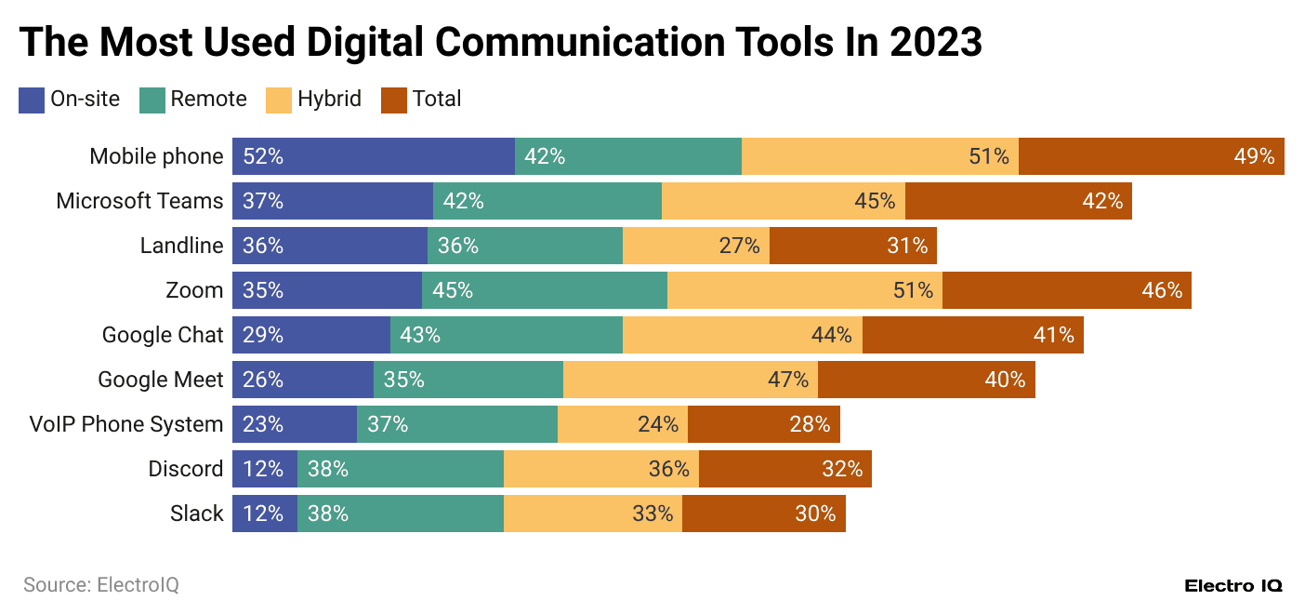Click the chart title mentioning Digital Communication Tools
tap(500, 42)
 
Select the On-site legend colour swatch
tap(32, 100)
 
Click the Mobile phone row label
tap(156, 156)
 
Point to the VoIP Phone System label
tap(126, 424)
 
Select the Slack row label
tap(197, 514)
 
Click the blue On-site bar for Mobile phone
tap(374, 156)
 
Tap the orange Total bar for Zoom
tap(1066, 290)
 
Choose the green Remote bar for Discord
tap(401, 469)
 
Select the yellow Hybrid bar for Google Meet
tap(690, 380)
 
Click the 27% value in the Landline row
tap(740, 246)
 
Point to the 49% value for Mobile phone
tap(1254, 156)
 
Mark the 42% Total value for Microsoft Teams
tap(1101, 201)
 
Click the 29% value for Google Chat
tap(263, 335)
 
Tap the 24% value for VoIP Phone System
tap(658, 424)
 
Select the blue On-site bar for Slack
tap(265, 514)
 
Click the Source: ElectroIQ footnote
tap(100, 585)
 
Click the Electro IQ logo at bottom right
tap(1233, 585)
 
